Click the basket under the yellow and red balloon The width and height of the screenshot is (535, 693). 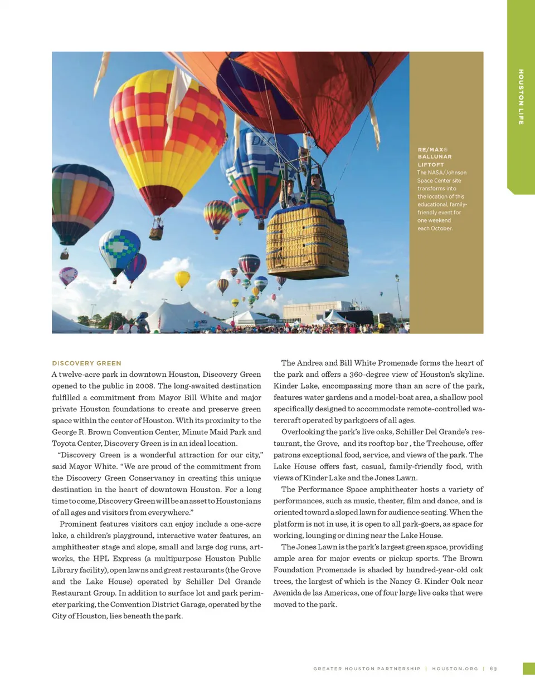click(x=157, y=229)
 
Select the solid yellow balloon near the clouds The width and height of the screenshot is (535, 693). click(x=182, y=278)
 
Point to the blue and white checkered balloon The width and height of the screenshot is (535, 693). click(x=119, y=250)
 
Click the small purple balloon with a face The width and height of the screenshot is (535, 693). click(x=68, y=276)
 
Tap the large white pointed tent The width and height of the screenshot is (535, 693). click(x=178, y=317)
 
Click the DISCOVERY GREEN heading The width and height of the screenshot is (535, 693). click(x=86, y=363)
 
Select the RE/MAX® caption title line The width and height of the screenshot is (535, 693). click(x=432, y=150)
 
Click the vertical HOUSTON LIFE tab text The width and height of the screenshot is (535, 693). click(x=521, y=97)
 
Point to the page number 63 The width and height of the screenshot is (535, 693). click(x=493, y=669)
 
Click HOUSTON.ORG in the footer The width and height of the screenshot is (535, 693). click(x=455, y=669)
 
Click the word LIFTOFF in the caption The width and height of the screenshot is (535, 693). click(x=431, y=165)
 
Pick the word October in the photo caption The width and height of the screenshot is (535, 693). click(x=441, y=228)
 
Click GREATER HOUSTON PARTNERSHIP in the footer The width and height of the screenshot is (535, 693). click(x=367, y=669)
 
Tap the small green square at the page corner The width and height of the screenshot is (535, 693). click(x=529, y=669)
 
